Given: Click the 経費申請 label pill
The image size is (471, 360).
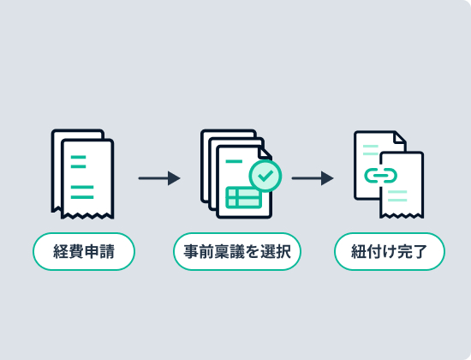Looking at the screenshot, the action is click(x=84, y=251).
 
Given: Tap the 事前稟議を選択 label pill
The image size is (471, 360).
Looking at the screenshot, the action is click(x=237, y=251).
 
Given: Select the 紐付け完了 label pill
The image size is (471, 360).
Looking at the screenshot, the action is click(x=390, y=251).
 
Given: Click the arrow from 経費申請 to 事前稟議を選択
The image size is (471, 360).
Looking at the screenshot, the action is click(x=159, y=178).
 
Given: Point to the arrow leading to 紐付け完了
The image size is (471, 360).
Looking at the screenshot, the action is click(x=313, y=178).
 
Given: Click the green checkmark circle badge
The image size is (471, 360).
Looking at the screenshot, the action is click(x=265, y=176).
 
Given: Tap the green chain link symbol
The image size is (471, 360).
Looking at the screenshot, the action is click(x=380, y=176).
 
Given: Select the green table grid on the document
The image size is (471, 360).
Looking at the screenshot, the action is click(x=243, y=197).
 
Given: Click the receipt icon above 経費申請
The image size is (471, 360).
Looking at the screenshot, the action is click(x=82, y=174).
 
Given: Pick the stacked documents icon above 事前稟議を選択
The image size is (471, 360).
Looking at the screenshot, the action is click(x=236, y=174).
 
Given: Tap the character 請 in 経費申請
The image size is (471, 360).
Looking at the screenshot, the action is click(x=107, y=251).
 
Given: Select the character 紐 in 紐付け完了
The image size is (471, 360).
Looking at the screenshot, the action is click(x=359, y=251).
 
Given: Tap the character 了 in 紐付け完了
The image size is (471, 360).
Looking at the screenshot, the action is click(x=420, y=251).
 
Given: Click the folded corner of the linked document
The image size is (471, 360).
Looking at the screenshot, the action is click(x=401, y=137).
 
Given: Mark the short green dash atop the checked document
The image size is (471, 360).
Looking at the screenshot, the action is click(x=234, y=161).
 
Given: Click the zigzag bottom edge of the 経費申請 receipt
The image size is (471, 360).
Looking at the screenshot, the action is click(x=87, y=215).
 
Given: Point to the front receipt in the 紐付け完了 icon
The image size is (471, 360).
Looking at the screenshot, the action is click(x=402, y=185).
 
